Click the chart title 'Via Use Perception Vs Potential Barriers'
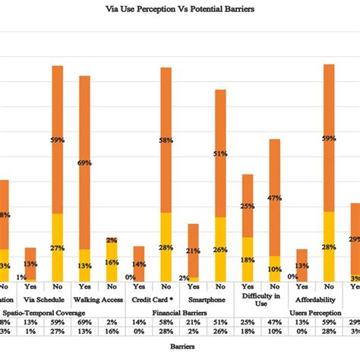180,11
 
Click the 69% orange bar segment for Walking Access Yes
84,159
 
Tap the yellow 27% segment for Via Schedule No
57,247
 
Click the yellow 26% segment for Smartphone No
220,249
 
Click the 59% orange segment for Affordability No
329,137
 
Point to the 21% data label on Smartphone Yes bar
193,251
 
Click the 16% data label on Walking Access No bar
112,262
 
